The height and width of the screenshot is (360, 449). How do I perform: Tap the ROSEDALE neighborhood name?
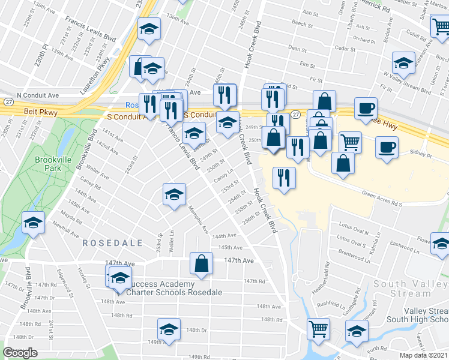point(112,243)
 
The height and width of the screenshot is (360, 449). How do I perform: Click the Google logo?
point(20,353)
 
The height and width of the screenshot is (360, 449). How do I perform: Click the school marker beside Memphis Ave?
point(174,194)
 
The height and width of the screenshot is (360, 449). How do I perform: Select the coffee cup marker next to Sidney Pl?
point(387,146)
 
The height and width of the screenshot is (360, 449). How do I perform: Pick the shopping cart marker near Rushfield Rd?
point(318,328)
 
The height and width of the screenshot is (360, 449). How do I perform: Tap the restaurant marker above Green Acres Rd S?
point(283,178)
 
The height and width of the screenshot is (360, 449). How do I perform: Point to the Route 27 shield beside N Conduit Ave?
point(7,102)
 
